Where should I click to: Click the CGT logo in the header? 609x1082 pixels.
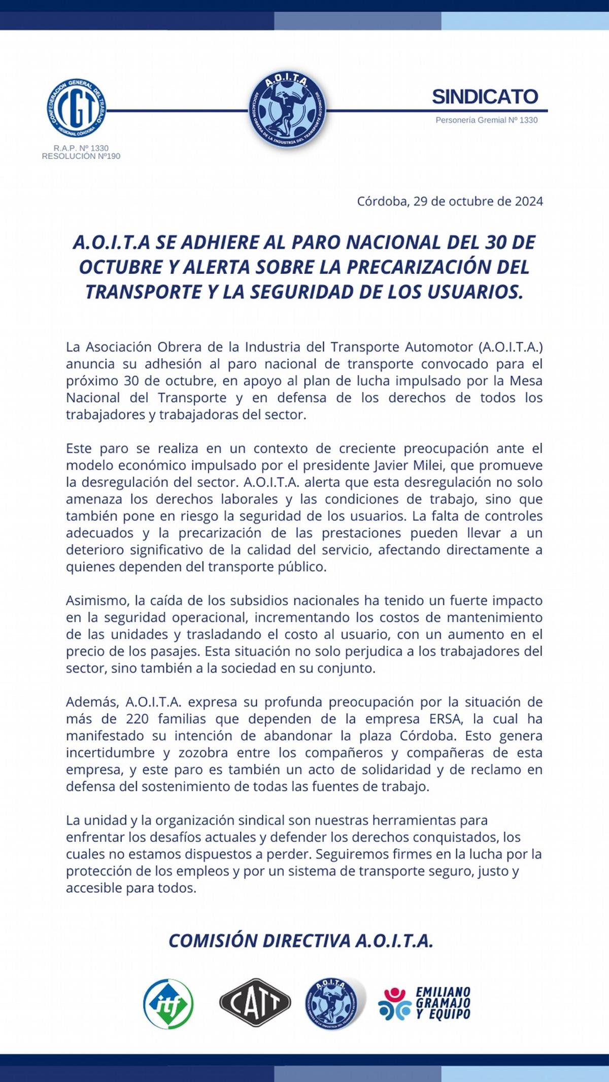(x=77, y=109)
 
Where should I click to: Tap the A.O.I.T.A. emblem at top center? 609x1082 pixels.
(x=288, y=110)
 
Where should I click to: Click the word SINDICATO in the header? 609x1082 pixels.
(x=485, y=96)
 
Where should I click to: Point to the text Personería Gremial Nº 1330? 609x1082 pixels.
(x=486, y=120)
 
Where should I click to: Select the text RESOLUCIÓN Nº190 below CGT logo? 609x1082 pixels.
(x=81, y=156)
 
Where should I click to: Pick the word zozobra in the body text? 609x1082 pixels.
(x=203, y=753)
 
